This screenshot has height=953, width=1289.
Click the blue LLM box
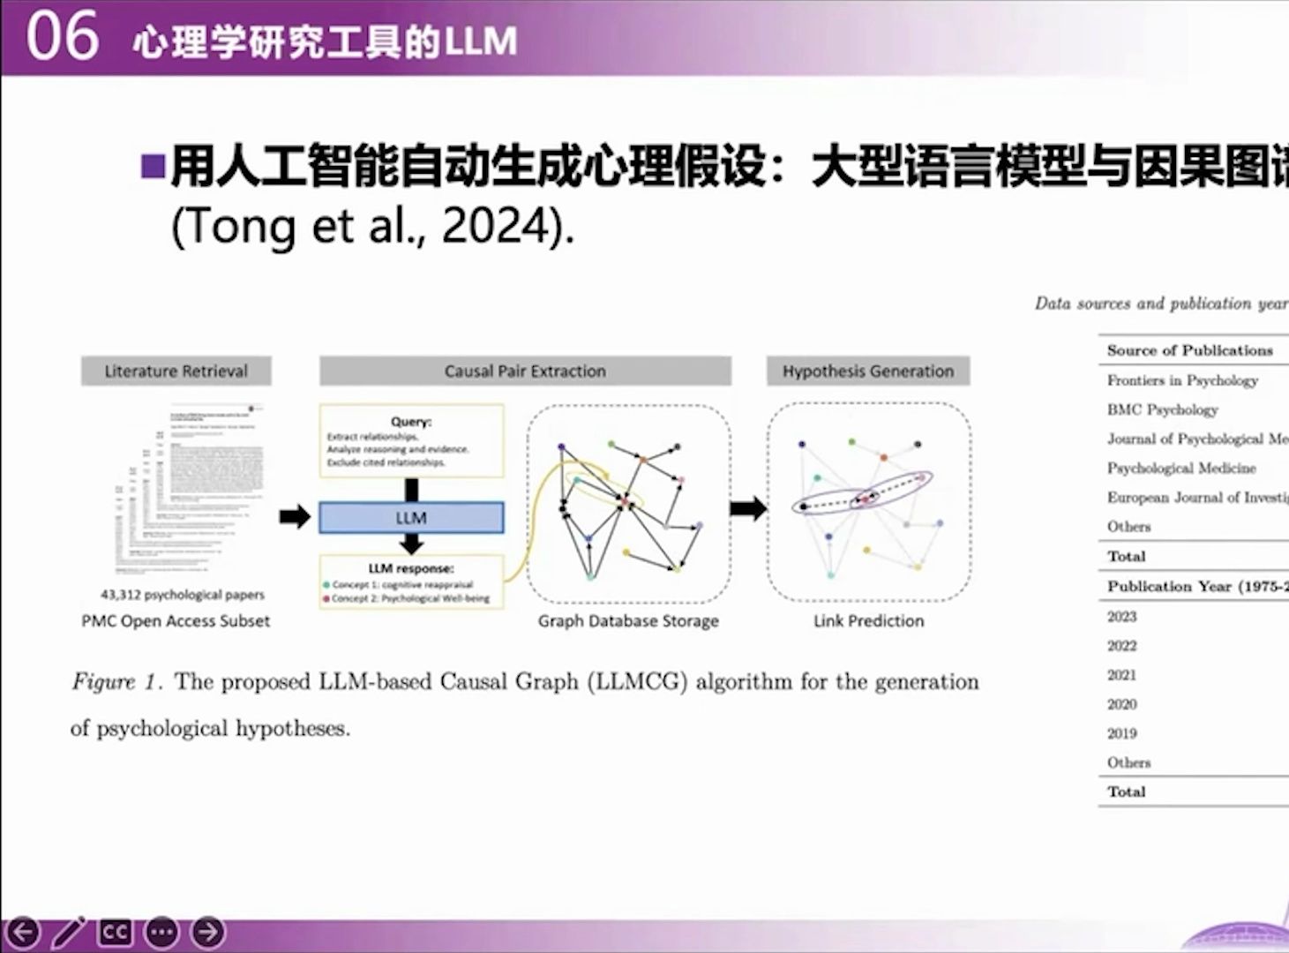tap(411, 518)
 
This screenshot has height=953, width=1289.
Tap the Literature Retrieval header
tap(176, 371)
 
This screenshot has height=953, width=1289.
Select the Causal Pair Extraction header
tap(525, 371)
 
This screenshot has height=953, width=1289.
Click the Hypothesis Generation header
tap(868, 371)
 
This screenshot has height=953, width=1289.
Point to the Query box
tap(411, 441)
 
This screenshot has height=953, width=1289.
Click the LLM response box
tap(411, 582)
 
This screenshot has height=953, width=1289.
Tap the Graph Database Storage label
tap(628, 621)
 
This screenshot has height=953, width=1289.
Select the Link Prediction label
tap(868, 621)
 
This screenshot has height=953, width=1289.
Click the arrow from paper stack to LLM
tap(295, 517)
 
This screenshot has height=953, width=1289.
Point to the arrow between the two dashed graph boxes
tap(748, 507)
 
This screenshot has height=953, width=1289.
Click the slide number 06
tap(62, 37)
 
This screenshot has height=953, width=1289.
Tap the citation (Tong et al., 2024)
tap(372, 227)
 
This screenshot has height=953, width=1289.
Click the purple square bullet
tap(153, 166)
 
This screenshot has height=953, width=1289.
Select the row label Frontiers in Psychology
tap(1182, 380)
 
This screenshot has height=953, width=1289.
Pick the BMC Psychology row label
tap(1162, 409)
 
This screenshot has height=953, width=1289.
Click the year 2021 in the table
tap(1122, 675)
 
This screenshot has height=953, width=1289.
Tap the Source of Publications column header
tap(1189, 350)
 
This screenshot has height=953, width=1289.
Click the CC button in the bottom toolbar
tap(116, 932)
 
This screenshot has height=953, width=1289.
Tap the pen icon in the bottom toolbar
tap(69, 932)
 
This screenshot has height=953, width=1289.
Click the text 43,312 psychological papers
tap(183, 595)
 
